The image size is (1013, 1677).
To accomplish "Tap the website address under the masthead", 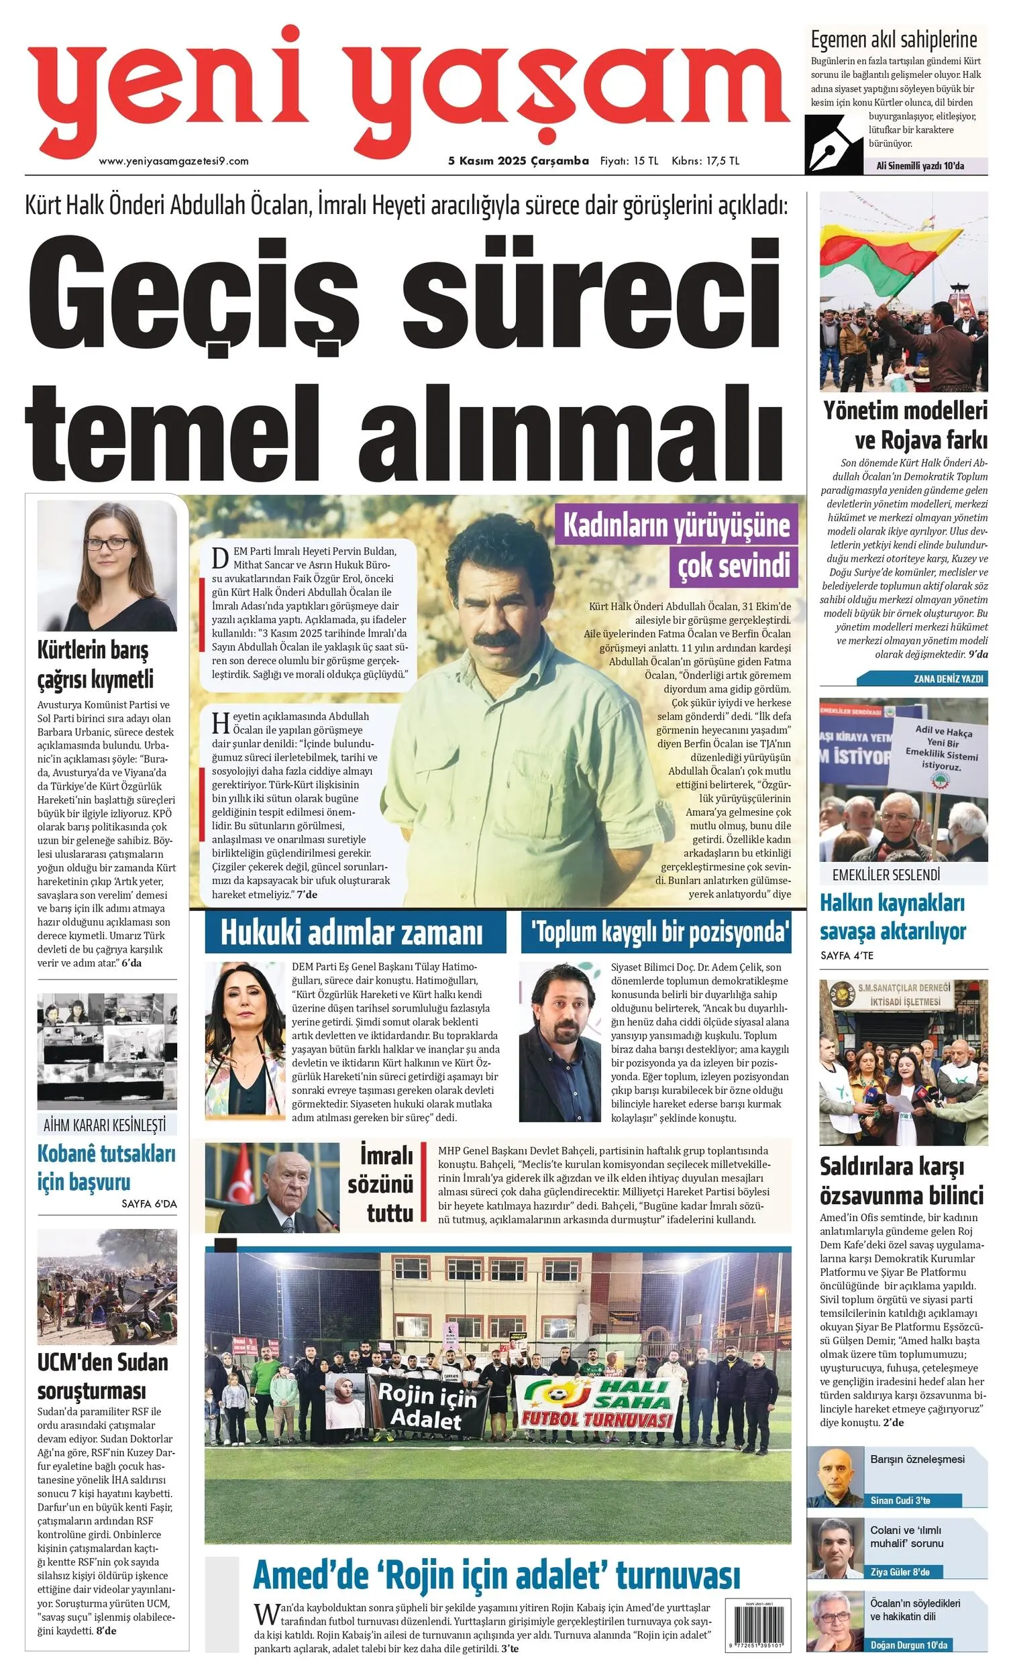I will coord(174,162).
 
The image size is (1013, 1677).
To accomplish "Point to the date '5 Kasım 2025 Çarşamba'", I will coord(518,161).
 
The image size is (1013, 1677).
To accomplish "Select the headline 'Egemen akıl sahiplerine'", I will coord(893,40).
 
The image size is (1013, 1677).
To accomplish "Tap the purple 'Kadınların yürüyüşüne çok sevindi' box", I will coord(677,545).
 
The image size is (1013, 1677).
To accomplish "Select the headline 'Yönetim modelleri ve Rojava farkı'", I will coord(904,425).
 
